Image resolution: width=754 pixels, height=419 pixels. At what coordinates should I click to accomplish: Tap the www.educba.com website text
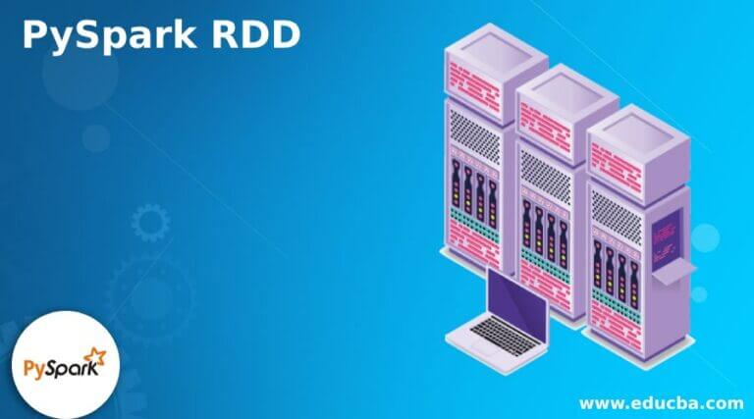coord(661,402)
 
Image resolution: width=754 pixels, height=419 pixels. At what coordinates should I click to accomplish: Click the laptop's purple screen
coord(517,298)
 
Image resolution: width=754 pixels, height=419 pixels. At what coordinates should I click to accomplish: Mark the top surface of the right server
coord(636,122)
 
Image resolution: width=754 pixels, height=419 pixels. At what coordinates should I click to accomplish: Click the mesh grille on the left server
coord(474,131)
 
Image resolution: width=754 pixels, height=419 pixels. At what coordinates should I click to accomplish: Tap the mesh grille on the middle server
coord(544,170)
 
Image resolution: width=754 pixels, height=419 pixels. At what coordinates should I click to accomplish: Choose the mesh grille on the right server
coord(614,208)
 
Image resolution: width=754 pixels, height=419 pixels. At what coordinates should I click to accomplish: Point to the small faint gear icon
coord(149,223)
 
